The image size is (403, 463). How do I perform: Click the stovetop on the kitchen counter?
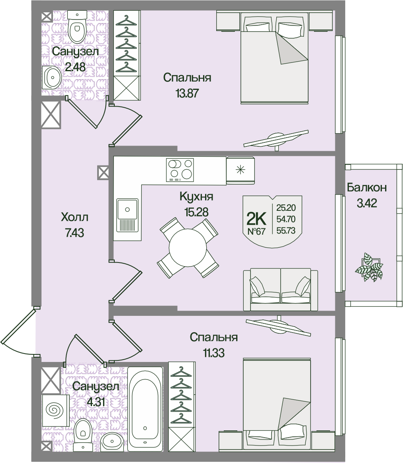click(x=180, y=170)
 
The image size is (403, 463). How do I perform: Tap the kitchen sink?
click(x=127, y=215)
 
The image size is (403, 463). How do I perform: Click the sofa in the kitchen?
click(x=280, y=289)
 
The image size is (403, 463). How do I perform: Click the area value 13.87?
click(x=187, y=93)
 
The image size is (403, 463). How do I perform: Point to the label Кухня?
click(x=196, y=196)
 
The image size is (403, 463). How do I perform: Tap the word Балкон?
click(x=366, y=187)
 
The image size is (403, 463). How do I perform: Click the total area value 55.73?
click(x=286, y=230)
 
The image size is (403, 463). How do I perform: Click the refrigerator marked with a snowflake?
click(x=240, y=170)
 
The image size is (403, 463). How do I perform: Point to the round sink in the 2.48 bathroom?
click(x=51, y=78)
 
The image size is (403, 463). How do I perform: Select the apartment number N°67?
click(x=256, y=232)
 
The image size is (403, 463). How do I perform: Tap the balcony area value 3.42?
click(x=366, y=204)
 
